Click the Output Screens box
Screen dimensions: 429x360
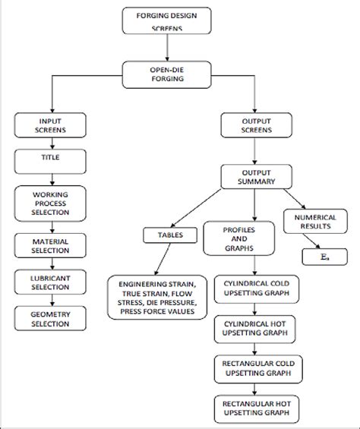254,125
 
